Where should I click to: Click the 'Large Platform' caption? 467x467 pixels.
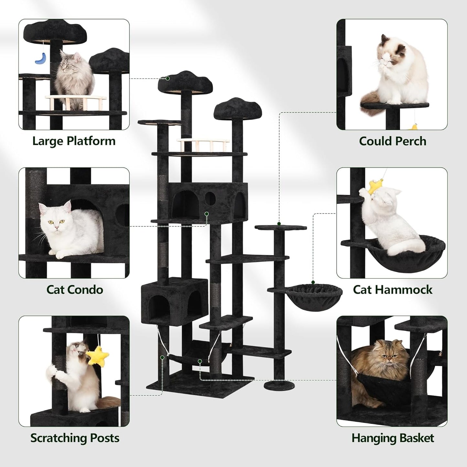point(74,141)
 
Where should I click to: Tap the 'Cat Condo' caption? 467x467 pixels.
point(75,290)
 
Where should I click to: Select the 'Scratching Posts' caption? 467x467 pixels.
point(75,438)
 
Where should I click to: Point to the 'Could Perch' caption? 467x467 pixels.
point(392,141)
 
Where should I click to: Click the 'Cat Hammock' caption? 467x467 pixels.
point(392,290)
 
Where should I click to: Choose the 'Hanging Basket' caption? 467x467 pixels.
point(392,438)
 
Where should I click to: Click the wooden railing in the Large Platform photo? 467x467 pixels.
point(76,101)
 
